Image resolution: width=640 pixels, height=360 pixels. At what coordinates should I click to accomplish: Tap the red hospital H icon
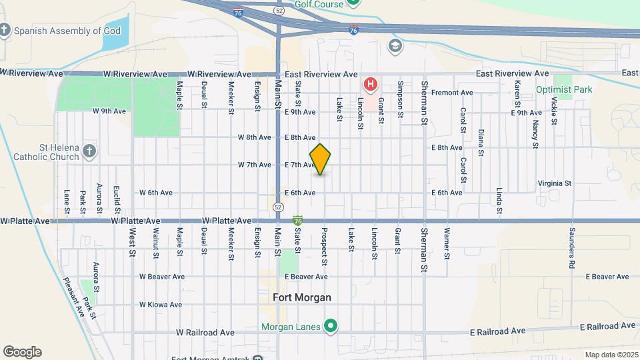pyautogui.click(x=370, y=85)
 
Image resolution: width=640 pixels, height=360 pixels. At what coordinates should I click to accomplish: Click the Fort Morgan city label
pyautogui.click(x=302, y=297)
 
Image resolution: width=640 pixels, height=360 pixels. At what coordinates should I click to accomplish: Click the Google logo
pyautogui.click(x=22, y=352)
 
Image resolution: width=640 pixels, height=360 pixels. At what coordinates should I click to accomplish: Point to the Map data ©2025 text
pyautogui.click(x=611, y=355)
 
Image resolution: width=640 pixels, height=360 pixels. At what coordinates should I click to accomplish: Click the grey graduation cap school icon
pyautogui.click(x=395, y=45)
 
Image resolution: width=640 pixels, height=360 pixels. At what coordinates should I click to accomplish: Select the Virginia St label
pyautogui.click(x=555, y=183)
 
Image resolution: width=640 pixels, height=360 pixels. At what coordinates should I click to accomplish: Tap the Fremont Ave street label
pyautogui.click(x=452, y=93)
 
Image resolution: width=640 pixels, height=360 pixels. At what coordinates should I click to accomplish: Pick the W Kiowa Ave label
pyautogui.click(x=160, y=305)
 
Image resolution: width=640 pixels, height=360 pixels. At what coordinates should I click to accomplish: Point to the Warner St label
pyautogui.click(x=447, y=243)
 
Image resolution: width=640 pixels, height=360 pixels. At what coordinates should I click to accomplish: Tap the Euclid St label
pyautogui.click(x=116, y=195)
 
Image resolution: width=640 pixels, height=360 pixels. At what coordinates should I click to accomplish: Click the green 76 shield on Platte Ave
pyautogui.click(x=298, y=220)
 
